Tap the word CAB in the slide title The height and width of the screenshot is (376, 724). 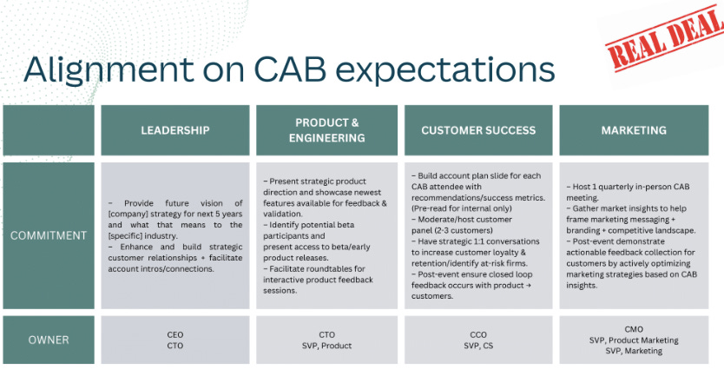(x=291, y=69)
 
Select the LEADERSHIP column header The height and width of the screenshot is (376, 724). (x=175, y=130)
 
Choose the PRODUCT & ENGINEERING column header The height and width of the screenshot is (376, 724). (x=327, y=130)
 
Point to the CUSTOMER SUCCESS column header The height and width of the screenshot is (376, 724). (x=478, y=130)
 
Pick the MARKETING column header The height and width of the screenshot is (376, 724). (x=634, y=130)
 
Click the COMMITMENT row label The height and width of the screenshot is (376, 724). (x=49, y=235)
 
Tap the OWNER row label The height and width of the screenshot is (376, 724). (x=49, y=340)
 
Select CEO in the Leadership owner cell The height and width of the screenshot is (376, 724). (x=175, y=334)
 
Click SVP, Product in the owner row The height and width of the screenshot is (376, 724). (x=327, y=346)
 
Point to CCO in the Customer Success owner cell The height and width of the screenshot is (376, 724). (x=478, y=334)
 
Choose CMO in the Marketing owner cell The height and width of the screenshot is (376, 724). (x=634, y=329)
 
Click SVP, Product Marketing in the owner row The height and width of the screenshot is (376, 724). (x=634, y=340)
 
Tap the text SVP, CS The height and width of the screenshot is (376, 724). (x=478, y=346)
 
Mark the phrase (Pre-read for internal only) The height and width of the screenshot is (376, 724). (x=462, y=208)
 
